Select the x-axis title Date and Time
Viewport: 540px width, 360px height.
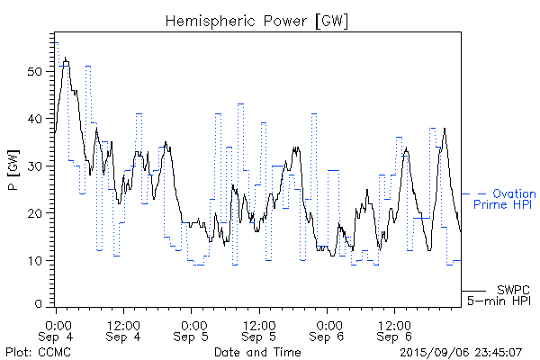click(258, 352)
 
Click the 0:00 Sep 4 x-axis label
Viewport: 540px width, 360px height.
click(57, 329)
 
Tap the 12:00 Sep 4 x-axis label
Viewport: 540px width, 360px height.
click(122, 329)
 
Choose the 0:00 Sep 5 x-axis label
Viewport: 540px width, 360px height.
click(192, 329)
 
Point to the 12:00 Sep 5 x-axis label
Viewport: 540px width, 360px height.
click(258, 329)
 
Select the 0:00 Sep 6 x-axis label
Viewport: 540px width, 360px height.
click(328, 329)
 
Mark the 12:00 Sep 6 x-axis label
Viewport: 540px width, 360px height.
click(394, 329)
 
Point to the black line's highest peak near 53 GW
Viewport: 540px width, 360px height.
click(65, 58)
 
